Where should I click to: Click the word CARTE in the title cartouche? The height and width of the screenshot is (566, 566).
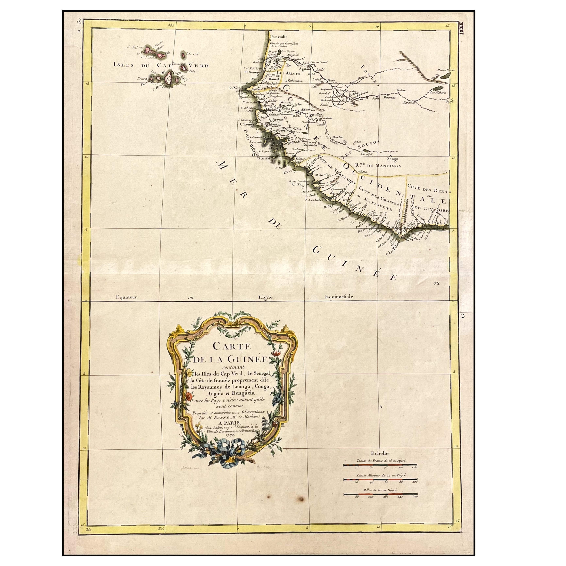231,346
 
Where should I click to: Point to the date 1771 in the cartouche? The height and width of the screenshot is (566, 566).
231,443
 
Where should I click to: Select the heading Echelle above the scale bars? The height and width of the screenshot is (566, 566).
379,453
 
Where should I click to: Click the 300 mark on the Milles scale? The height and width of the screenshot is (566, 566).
415,497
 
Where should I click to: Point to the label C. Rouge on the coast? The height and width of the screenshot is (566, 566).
247,124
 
